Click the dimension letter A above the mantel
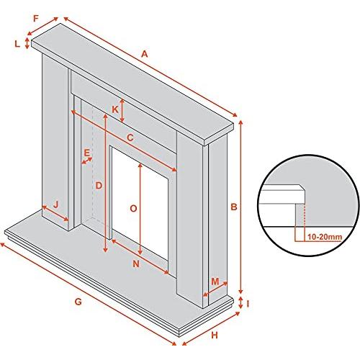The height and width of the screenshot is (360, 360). (x=144, y=54)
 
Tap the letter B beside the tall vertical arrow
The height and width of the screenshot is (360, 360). (x=234, y=207)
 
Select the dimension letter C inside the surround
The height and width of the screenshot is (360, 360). (x=130, y=138)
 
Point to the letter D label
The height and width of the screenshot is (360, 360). (x=99, y=186)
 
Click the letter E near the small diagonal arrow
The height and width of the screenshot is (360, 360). (x=87, y=153)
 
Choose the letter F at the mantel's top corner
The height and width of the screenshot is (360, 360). (x=36, y=19)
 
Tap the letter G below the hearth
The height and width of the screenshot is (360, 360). (x=78, y=302)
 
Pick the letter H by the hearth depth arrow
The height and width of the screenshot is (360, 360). (x=215, y=335)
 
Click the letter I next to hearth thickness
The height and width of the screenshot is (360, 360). (x=248, y=304)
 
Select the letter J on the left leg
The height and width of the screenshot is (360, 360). (x=56, y=204)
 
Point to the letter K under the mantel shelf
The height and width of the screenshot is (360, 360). (x=115, y=109)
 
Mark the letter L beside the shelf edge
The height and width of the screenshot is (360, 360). (x=17, y=44)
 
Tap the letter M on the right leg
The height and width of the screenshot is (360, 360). (x=215, y=282)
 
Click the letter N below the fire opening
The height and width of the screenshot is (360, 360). (x=136, y=264)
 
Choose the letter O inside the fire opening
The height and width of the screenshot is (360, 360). (x=133, y=209)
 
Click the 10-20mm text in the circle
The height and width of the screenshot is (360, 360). (x=325, y=237)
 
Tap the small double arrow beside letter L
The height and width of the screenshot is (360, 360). (x=27, y=43)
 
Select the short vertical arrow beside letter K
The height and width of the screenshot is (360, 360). (x=122, y=111)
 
